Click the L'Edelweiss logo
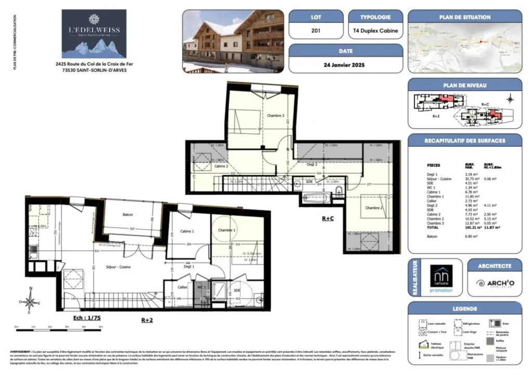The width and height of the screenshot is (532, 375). [94, 34]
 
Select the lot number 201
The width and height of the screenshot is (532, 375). [315, 31]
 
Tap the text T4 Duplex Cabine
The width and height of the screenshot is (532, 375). [375, 31]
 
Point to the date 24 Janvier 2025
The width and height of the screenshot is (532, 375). [345, 65]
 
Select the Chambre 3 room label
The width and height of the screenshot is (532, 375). [275, 116]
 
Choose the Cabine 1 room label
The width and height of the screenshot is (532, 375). [187, 231]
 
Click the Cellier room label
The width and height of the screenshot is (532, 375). [182, 286]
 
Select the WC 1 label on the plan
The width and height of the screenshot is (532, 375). [202, 286]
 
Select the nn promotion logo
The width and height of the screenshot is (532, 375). [441, 279]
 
